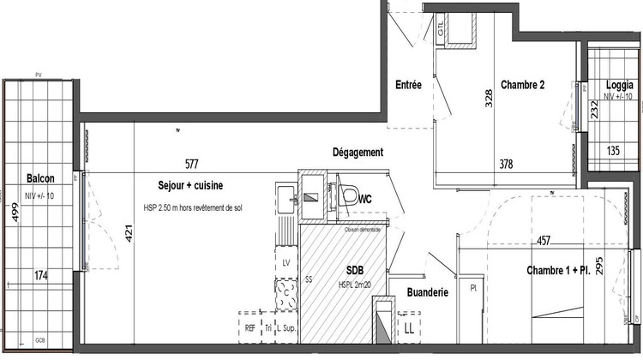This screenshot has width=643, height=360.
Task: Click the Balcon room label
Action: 40,179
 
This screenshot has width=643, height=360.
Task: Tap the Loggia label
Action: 619,85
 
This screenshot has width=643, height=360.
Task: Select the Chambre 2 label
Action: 523,84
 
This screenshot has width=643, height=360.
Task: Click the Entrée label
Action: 407,84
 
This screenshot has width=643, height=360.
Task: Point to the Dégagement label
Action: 358,153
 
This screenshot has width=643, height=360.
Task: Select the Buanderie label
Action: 429,292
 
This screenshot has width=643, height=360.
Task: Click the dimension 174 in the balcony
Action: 40,276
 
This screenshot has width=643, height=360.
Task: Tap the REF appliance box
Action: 249,327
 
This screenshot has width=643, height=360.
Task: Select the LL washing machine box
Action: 410,327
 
